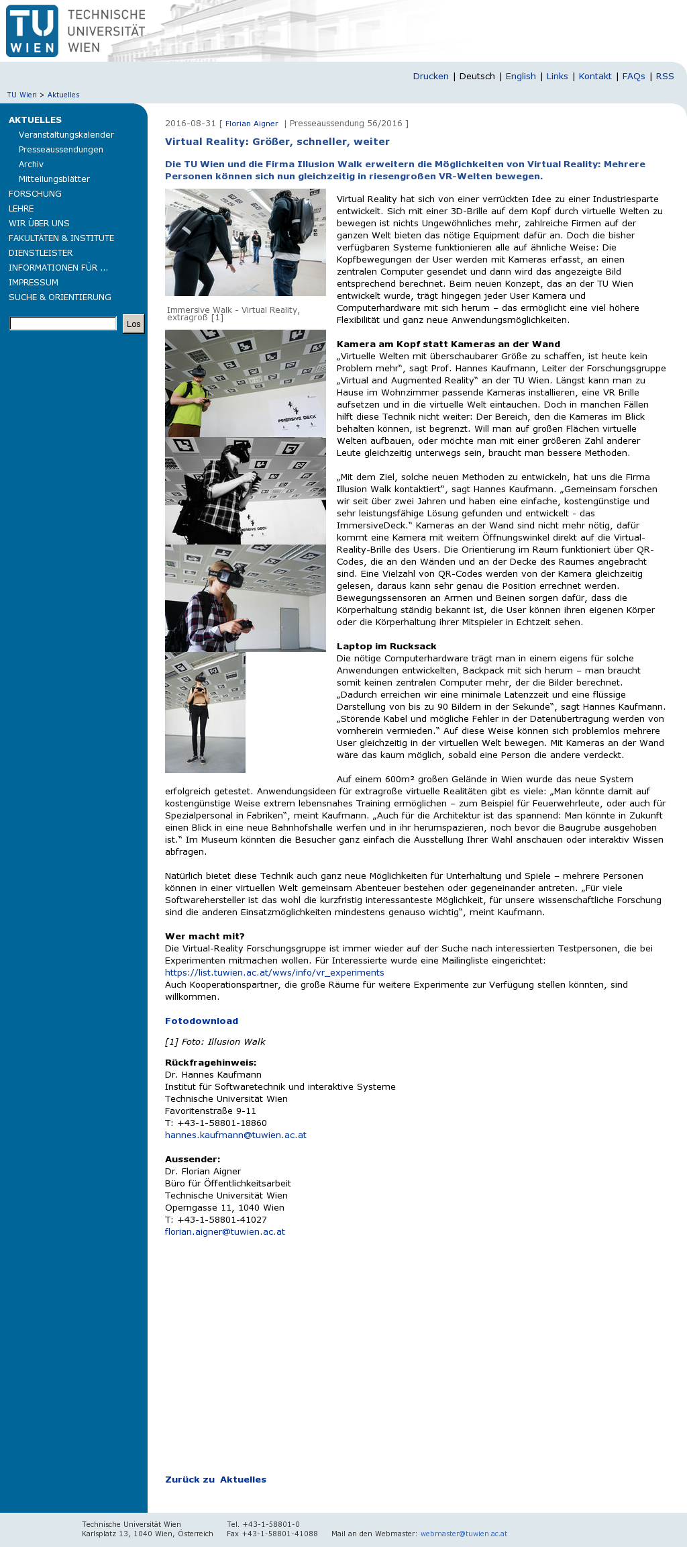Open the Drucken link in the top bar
[431, 77]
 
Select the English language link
[521, 77]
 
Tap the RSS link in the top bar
[664, 77]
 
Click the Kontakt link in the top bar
[595, 77]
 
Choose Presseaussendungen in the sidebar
[61, 150]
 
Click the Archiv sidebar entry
[31, 165]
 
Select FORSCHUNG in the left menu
[35, 194]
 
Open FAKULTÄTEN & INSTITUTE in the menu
[61, 238]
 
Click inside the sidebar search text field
[63, 324]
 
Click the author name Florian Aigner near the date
[252, 124]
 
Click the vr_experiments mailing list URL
[274, 973]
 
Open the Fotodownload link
[201, 1021]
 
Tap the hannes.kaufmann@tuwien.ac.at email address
[235, 1135]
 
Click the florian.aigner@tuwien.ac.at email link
[225, 1232]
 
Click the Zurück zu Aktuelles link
[215, 1480]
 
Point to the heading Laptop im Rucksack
[386, 647]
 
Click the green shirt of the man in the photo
[187, 406]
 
